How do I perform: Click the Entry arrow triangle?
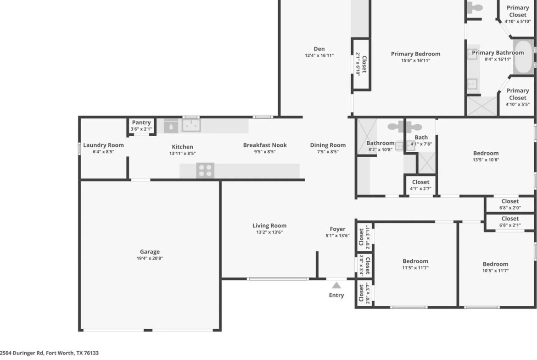click(x=336, y=285)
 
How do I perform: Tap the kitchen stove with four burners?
click(x=205, y=171)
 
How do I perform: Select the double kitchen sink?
click(x=191, y=126)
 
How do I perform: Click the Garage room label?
click(x=150, y=251)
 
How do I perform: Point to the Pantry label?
click(x=141, y=122)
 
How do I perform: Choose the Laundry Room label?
click(x=103, y=145)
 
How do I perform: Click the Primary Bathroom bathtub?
click(x=524, y=57)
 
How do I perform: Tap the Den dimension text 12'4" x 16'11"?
click(x=319, y=55)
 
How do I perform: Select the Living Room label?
click(x=269, y=226)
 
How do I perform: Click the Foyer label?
click(x=337, y=229)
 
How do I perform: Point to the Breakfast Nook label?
click(x=265, y=145)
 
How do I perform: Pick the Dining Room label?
click(x=328, y=145)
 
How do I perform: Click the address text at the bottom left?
click(x=49, y=353)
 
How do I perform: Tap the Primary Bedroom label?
click(x=416, y=54)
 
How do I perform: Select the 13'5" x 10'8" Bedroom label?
click(x=486, y=153)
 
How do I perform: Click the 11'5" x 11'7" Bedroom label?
click(x=415, y=261)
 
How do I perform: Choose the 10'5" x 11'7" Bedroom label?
click(x=496, y=264)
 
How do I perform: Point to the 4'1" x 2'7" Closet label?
click(x=420, y=182)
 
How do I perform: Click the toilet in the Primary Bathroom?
click(x=475, y=7)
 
